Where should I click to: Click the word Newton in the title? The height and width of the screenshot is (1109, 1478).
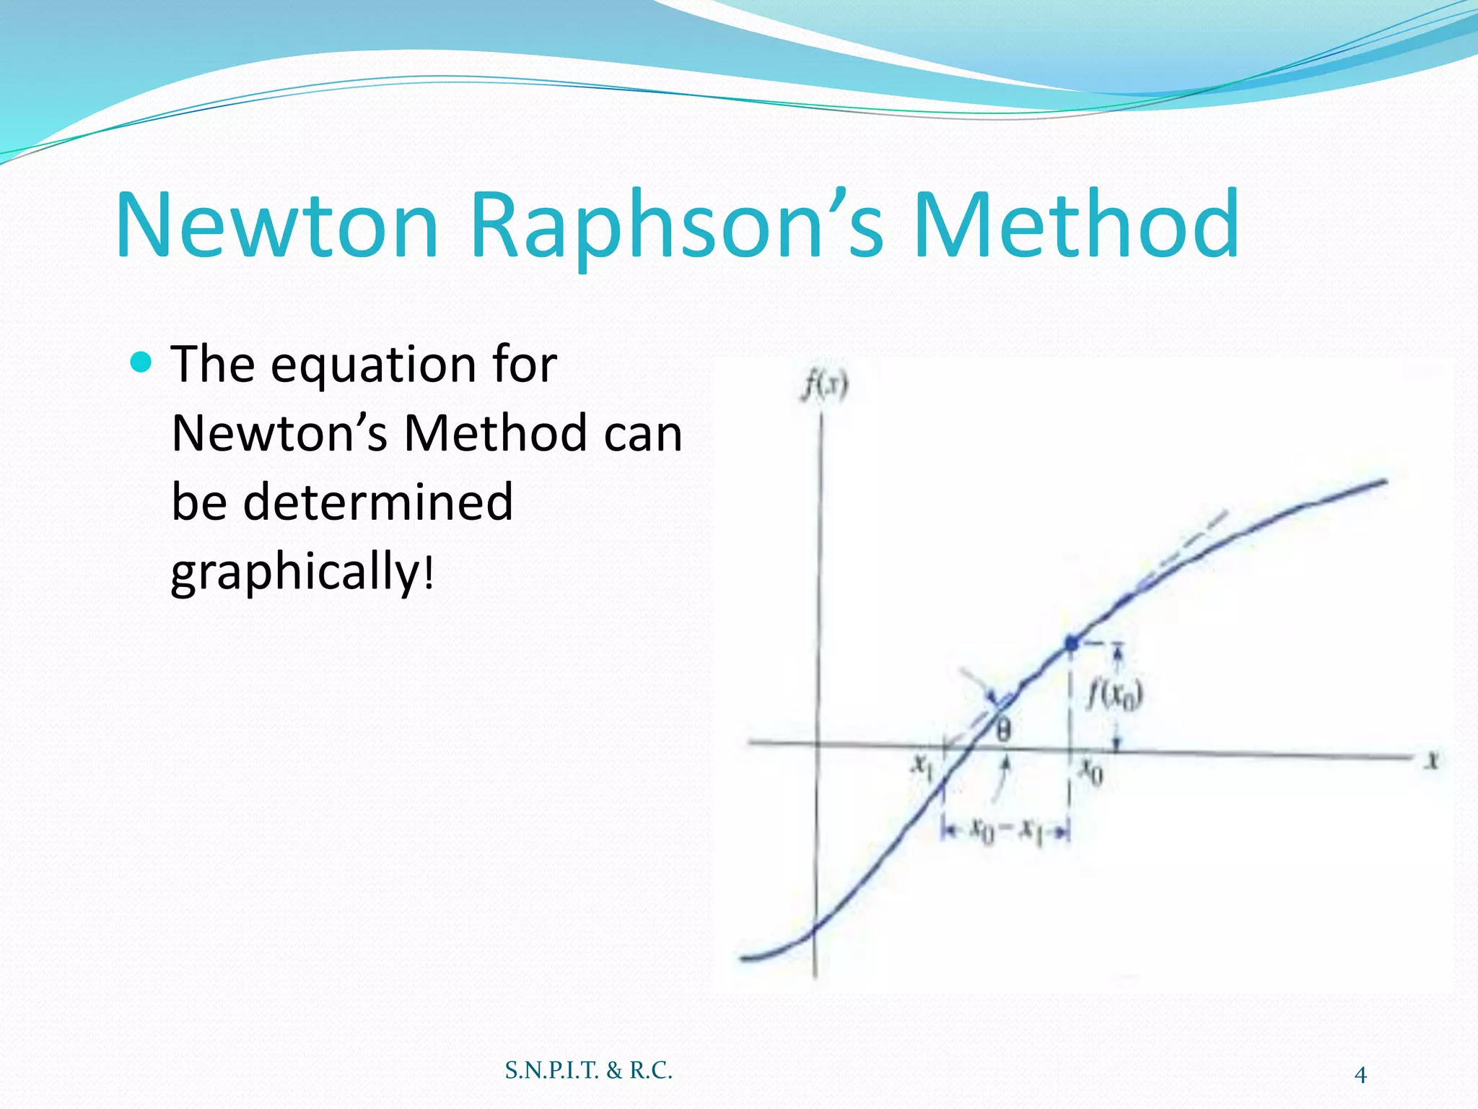(278, 225)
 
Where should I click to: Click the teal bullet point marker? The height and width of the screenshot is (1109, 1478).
(142, 361)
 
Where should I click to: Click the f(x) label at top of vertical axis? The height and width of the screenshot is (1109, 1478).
(826, 386)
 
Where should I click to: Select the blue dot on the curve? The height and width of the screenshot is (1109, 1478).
(1072, 642)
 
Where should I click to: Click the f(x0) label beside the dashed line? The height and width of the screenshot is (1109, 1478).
(1116, 695)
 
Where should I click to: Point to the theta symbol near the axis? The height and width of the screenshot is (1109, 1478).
(1004, 731)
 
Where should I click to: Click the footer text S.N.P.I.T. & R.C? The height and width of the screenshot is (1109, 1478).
(588, 1070)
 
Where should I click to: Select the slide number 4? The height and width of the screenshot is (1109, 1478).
(1360, 1075)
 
